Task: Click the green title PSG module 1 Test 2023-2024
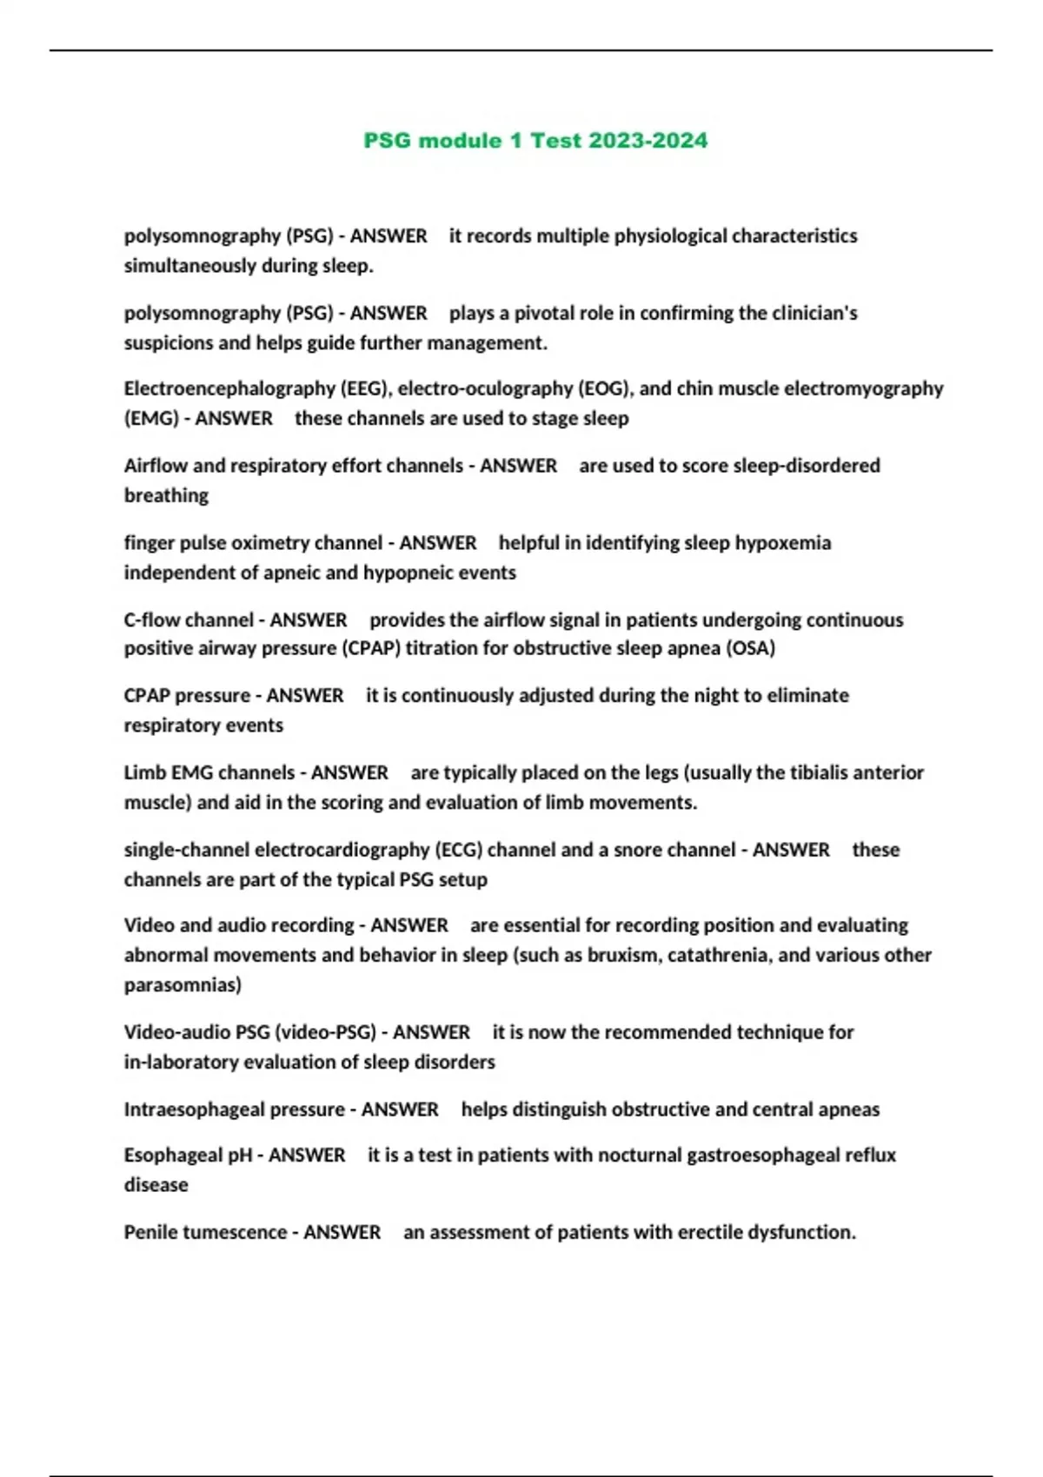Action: [535, 141]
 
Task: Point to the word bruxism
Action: [624, 955]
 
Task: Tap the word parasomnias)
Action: [183, 984]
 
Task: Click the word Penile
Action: [149, 1232]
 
